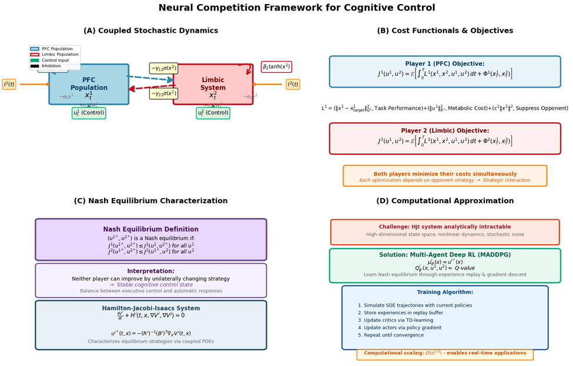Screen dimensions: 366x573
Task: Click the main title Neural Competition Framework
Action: tap(286, 8)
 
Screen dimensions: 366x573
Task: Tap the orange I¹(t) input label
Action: tap(9, 84)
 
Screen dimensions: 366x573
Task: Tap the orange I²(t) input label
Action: tap(293, 84)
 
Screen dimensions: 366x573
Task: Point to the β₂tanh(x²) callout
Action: tap(276, 67)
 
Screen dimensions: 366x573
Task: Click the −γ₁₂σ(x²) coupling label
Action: tap(163, 68)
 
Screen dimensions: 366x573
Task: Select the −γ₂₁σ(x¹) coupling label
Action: tap(163, 93)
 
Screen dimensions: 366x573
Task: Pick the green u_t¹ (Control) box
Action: tap(89, 113)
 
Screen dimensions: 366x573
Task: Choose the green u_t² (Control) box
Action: tap(213, 113)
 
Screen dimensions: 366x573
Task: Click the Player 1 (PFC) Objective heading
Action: tap(444, 64)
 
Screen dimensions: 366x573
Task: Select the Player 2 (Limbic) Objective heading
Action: tap(444, 131)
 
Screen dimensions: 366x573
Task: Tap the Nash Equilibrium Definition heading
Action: tap(151, 230)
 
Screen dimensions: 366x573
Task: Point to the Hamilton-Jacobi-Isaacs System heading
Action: tap(151, 308)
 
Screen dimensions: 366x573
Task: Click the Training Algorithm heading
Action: tap(445, 292)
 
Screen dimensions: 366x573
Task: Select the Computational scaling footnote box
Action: tap(445, 354)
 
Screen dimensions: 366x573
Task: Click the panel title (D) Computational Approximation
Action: tap(445, 201)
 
